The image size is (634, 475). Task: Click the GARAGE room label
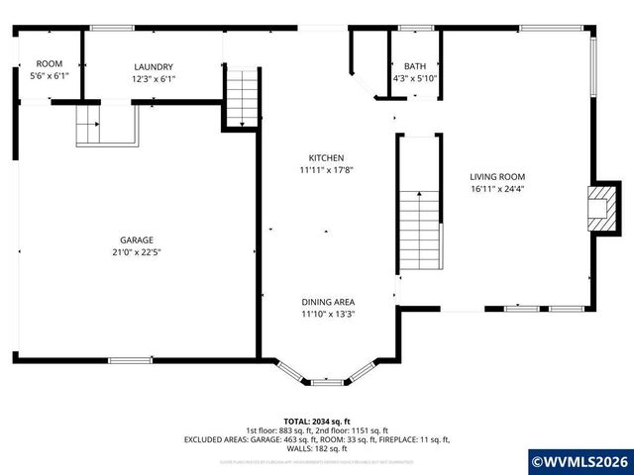coord(137,239)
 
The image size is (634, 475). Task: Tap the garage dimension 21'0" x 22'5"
coord(137,251)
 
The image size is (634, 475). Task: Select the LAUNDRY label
coord(154,66)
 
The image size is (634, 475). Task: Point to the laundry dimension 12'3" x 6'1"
coord(154,78)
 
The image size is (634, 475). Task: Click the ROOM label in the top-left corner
coord(49,63)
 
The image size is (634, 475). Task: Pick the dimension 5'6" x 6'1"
coord(49,75)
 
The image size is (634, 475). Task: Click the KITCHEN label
coord(326,158)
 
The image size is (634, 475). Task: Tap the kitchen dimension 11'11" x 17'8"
coord(326,170)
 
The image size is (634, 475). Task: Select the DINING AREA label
coord(328,302)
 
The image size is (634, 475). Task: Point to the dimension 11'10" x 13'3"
coord(328,314)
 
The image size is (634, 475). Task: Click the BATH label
coord(414,65)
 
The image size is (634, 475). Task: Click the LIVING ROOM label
coord(496,177)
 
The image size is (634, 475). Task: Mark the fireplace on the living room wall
coord(601,208)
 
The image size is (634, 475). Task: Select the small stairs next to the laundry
coord(241,97)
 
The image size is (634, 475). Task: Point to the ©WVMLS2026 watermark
coord(581,461)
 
